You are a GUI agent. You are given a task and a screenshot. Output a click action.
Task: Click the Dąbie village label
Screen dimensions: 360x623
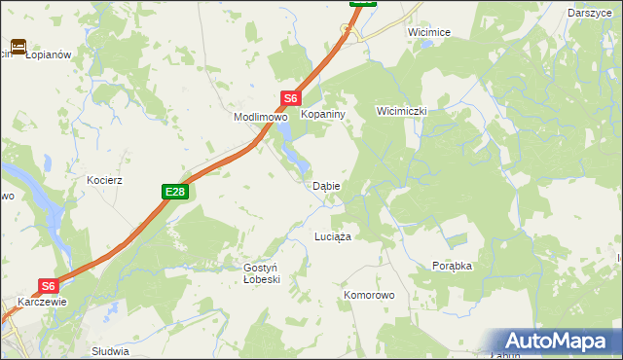325,186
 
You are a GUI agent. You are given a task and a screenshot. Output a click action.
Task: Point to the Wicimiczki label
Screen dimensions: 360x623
402,112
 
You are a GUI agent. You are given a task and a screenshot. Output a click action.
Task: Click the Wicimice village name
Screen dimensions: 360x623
429,32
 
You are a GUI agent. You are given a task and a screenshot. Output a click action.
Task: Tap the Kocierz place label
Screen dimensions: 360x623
104,181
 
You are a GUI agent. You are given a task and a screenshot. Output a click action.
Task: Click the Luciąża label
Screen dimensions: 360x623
332,236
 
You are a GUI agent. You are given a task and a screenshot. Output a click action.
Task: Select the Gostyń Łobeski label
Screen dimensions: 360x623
261,272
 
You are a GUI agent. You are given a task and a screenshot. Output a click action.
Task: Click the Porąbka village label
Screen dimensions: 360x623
452,265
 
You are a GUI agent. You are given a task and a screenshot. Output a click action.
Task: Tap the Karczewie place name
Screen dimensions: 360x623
41,302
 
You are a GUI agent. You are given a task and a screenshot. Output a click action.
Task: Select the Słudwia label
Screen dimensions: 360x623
109,350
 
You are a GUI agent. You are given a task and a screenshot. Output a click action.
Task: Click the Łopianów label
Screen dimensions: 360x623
49,54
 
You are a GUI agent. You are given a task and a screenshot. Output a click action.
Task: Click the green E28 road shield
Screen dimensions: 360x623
174,193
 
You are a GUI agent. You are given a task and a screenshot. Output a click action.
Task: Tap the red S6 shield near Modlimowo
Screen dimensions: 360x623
291,98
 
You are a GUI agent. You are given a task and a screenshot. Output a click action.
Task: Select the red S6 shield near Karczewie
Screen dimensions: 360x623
50,286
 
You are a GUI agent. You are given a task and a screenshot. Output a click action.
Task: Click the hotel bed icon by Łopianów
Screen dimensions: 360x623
18,47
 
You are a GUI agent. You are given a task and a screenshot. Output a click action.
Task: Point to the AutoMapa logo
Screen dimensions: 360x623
553,342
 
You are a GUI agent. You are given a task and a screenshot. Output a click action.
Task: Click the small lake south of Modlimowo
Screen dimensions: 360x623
288,148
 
